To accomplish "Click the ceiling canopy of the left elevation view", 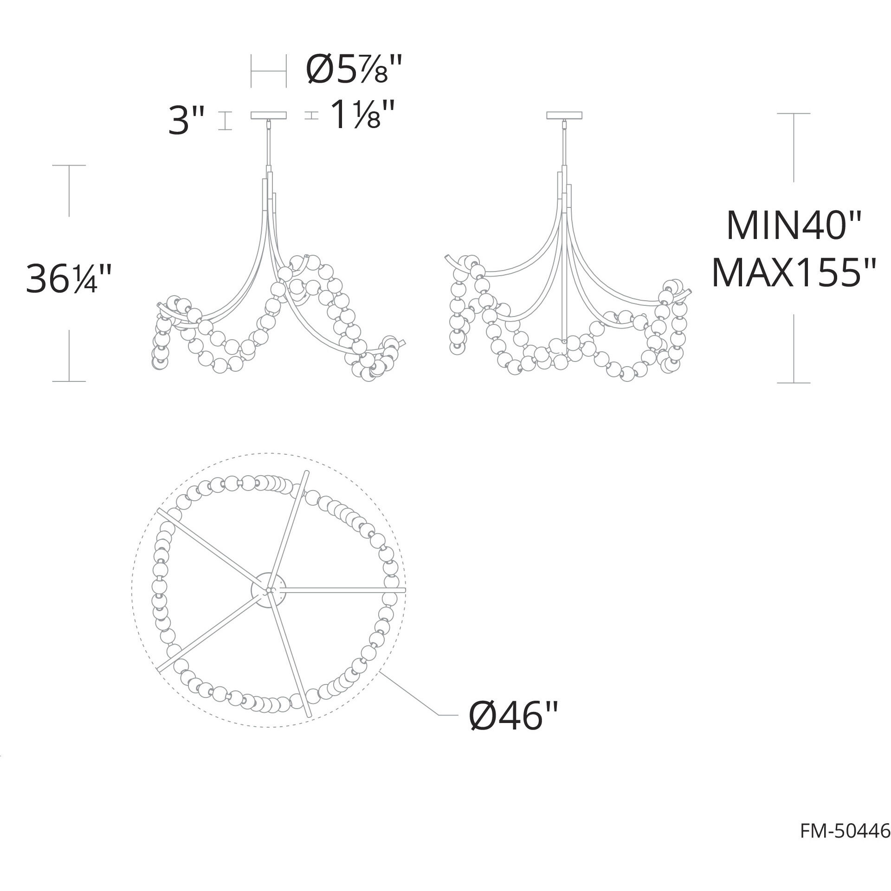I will [x=269, y=116].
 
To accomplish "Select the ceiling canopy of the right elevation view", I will [x=565, y=116].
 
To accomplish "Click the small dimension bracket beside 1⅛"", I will [x=311, y=116].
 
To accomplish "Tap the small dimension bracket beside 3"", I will [x=225, y=121].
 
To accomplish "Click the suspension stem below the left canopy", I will [x=269, y=144].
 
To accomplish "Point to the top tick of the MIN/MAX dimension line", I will [x=794, y=113].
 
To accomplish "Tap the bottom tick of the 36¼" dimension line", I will [x=69, y=381].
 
